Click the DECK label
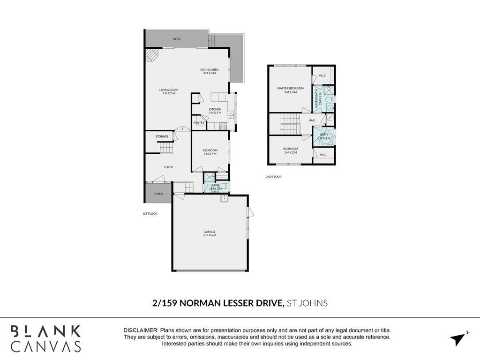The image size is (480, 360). click(177, 39)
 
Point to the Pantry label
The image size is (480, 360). click(199, 123)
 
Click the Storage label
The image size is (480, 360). click(162, 136)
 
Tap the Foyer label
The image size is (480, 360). click(168, 167)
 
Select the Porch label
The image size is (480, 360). click(158, 194)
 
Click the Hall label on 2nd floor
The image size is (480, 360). click(312, 120)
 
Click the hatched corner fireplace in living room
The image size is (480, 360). click(151, 55)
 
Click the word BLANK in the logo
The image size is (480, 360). click(46, 331)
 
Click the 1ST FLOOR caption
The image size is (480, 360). click(150, 214)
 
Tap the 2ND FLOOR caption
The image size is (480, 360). click(273, 177)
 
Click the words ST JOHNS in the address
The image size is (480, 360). click(307, 303)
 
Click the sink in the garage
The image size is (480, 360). click(224, 199)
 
